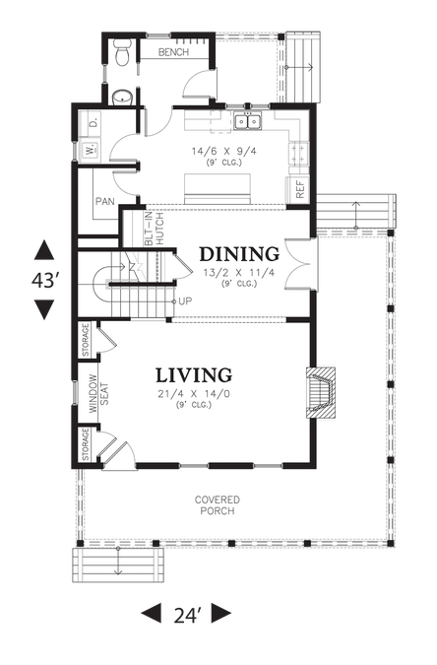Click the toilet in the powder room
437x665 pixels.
(x=122, y=53)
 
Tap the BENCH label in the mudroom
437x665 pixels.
(x=173, y=52)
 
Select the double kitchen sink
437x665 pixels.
(x=248, y=122)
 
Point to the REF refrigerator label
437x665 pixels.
(x=300, y=190)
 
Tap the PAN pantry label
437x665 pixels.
(x=104, y=201)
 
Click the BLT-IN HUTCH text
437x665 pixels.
(x=154, y=229)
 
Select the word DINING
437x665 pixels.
(x=239, y=254)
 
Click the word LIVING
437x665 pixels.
(x=194, y=375)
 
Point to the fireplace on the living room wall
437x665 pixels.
(x=321, y=393)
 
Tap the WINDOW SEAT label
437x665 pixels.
(x=98, y=394)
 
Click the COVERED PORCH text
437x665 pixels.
(x=218, y=505)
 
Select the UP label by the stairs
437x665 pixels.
(x=185, y=301)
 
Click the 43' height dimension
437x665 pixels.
(x=44, y=280)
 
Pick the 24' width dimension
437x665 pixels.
(x=187, y=615)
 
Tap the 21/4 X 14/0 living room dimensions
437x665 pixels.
(x=194, y=394)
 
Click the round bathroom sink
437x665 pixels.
(x=122, y=98)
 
